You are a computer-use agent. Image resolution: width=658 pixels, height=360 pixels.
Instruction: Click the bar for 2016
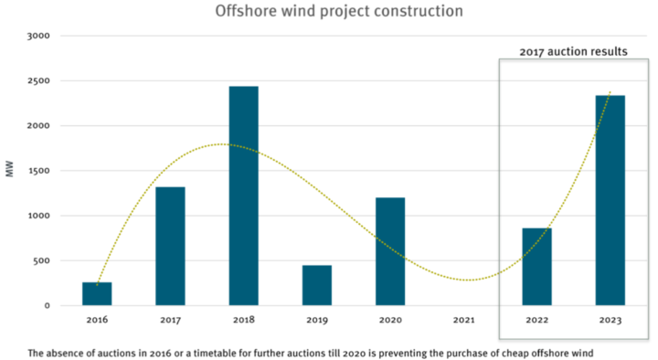point(97,293)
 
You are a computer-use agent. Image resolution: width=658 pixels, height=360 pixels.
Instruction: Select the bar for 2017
point(170,246)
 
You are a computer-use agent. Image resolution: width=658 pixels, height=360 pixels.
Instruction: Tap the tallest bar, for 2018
point(243,196)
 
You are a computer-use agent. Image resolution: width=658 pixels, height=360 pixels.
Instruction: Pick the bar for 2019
point(317,285)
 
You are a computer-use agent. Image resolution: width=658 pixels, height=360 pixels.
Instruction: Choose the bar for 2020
point(390,251)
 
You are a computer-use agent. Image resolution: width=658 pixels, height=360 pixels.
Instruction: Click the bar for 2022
point(536,266)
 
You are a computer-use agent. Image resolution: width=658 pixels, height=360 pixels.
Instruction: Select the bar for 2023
point(610,200)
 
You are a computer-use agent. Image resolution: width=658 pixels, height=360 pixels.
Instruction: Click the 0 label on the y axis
point(46,305)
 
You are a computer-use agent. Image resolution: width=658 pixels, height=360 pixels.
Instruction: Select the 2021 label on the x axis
point(463,321)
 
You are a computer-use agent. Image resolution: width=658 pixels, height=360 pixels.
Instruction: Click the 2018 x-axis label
point(243,321)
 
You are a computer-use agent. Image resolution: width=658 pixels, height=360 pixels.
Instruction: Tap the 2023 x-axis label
point(610,321)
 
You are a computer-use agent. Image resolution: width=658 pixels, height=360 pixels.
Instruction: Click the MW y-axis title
point(10,171)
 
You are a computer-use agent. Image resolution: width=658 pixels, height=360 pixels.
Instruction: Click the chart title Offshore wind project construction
point(325,12)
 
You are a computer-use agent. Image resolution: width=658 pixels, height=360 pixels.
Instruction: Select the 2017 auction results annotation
point(573,52)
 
